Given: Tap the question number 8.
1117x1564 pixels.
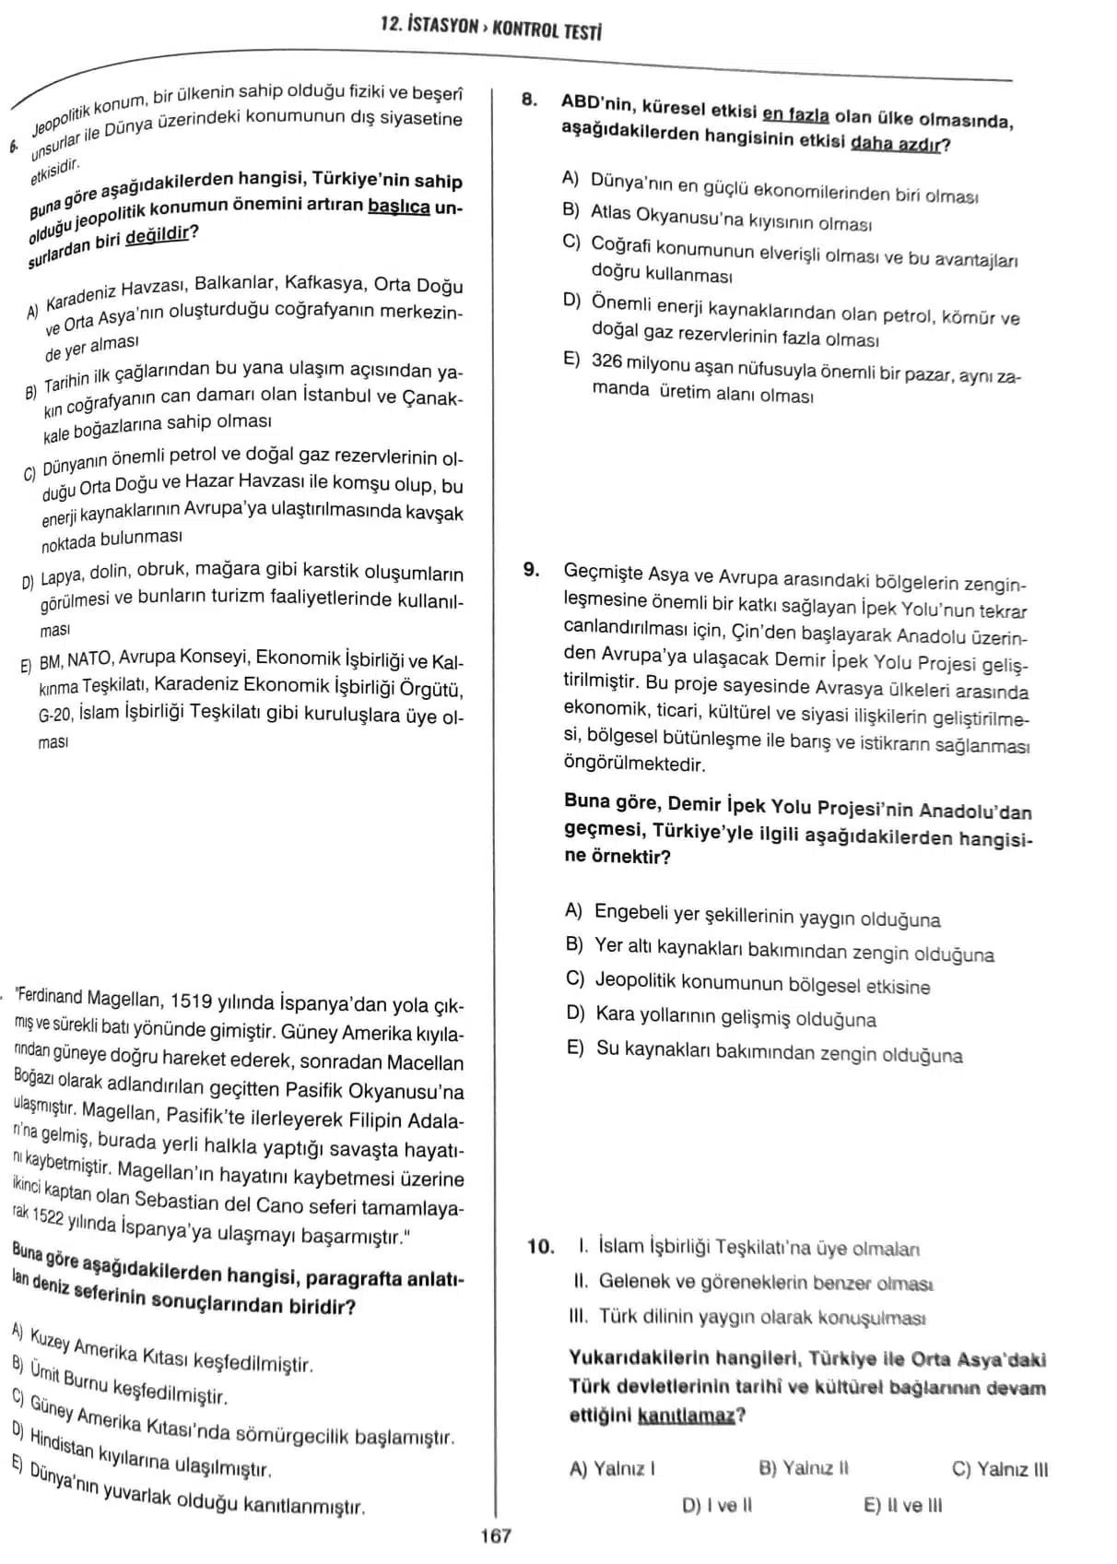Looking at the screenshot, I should (x=530, y=100).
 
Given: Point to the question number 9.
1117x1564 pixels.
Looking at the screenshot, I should (x=532, y=569).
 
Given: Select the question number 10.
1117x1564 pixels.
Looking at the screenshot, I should (x=540, y=1247).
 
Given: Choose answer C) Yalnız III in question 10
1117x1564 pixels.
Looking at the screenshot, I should (x=1000, y=1469).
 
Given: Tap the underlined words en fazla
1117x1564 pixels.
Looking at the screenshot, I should (x=796, y=115).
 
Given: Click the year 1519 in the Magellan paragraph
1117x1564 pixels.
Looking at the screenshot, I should (x=193, y=1001).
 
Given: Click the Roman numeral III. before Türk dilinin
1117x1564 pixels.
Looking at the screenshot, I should (x=581, y=1316).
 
